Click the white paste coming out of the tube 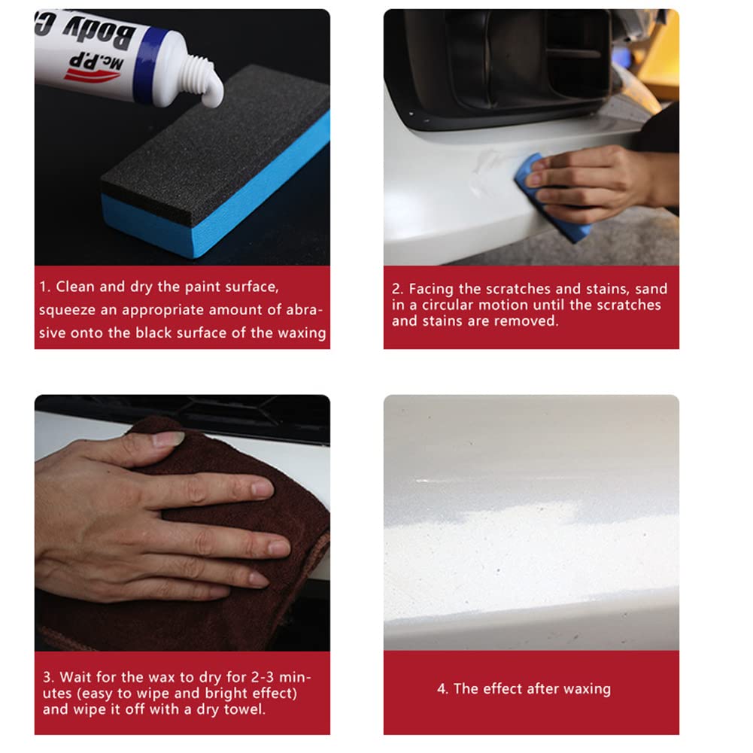[214, 94]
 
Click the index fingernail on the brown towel [262, 489]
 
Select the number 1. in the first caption [45, 287]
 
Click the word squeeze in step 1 [64, 310]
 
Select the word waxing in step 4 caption [586, 689]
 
